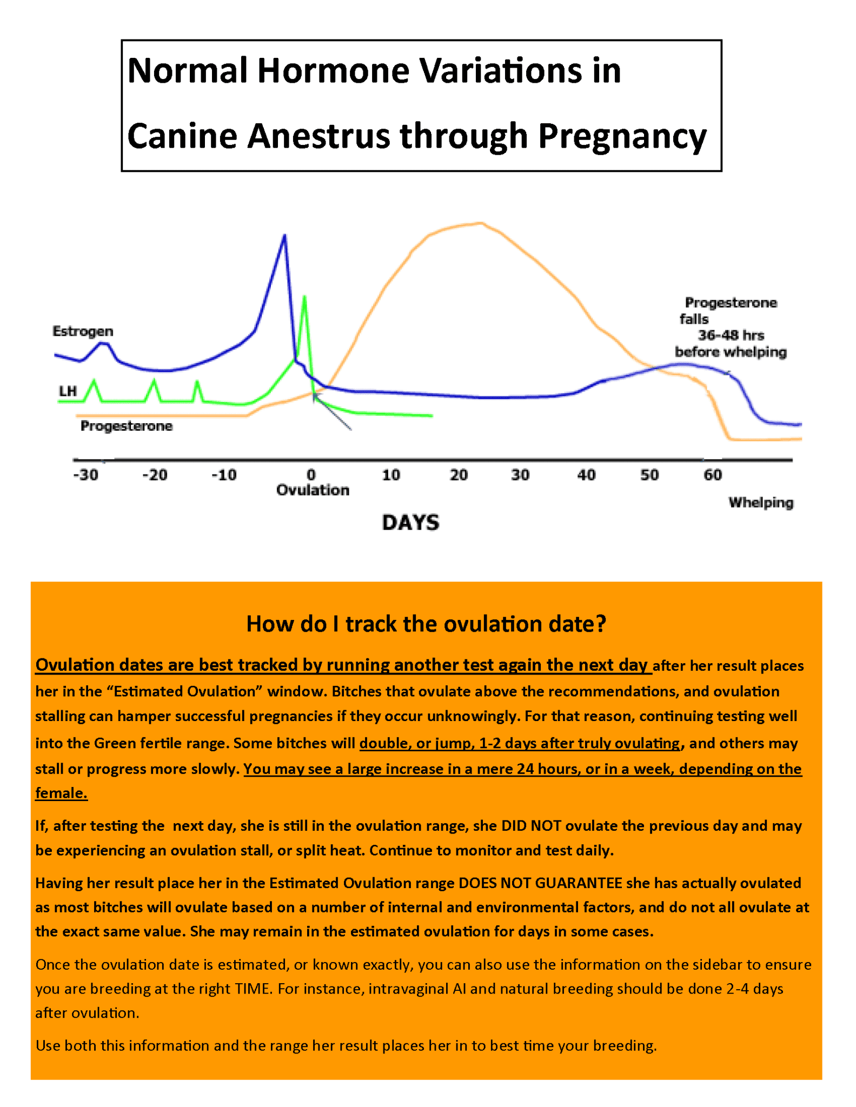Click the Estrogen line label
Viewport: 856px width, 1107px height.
tap(83, 331)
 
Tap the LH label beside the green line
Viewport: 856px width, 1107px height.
tap(68, 391)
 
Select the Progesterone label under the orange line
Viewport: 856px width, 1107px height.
tap(127, 426)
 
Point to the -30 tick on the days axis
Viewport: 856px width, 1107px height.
tap(86, 475)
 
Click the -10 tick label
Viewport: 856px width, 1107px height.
tap(224, 475)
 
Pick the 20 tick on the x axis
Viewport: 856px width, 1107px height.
tap(459, 475)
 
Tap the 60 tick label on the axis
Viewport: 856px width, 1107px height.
tap(713, 475)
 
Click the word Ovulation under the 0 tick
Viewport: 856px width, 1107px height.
tap(313, 490)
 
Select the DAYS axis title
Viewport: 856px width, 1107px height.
tap(410, 523)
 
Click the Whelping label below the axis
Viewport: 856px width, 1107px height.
tap(761, 503)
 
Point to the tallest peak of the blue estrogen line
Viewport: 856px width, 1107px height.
tap(285, 236)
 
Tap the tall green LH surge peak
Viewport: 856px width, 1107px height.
tap(304, 297)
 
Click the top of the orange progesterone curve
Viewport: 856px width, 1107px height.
tap(480, 223)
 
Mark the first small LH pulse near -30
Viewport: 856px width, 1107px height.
tap(95, 381)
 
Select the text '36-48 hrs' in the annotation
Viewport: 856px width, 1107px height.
tap(731, 336)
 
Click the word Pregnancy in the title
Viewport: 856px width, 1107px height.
tap(622, 136)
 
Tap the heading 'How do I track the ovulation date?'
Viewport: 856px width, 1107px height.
tap(426, 624)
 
